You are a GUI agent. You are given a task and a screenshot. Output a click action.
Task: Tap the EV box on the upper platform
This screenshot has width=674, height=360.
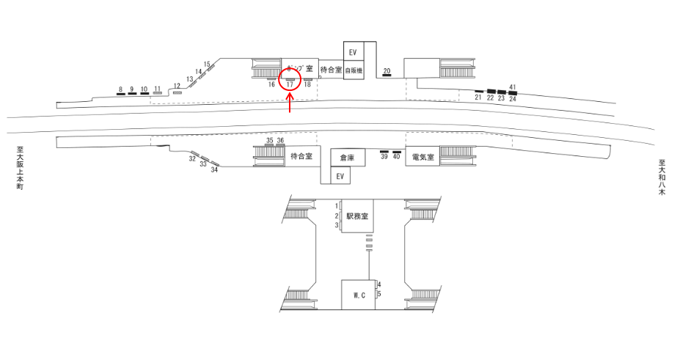pyautogui.click(x=353, y=52)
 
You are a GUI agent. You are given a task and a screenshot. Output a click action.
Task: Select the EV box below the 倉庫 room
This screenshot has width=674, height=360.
pyautogui.click(x=339, y=177)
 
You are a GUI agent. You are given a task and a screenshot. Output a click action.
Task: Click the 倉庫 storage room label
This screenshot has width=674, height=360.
pyautogui.click(x=347, y=157)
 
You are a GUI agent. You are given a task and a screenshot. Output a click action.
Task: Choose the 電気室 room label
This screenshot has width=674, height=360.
pyautogui.click(x=423, y=157)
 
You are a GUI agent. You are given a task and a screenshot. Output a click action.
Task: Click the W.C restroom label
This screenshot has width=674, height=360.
pyautogui.click(x=359, y=295)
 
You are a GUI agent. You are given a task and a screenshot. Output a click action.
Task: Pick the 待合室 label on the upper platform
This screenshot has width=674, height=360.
pyautogui.click(x=331, y=70)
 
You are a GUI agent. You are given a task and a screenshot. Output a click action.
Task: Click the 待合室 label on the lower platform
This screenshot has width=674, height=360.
pyautogui.click(x=301, y=156)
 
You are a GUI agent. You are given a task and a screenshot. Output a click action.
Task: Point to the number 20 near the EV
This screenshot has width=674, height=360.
pyautogui.click(x=387, y=70)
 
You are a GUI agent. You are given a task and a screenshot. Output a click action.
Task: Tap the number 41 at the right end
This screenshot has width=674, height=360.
pyautogui.click(x=513, y=88)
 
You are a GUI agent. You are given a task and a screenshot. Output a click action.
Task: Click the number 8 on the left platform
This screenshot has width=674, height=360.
pyautogui.click(x=120, y=89)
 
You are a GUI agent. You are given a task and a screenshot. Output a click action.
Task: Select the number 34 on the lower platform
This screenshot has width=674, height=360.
pyautogui.click(x=215, y=169)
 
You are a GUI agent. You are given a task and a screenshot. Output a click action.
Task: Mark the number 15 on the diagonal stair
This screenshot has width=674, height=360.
pyautogui.click(x=207, y=64)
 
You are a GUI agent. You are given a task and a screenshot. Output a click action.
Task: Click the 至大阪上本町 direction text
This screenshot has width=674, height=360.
pyautogui.click(x=21, y=169)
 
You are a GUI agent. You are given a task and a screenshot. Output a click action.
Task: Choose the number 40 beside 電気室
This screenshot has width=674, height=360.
pyautogui.click(x=397, y=157)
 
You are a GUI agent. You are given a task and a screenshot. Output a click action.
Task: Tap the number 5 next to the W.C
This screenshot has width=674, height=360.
pyautogui.click(x=379, y=294)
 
